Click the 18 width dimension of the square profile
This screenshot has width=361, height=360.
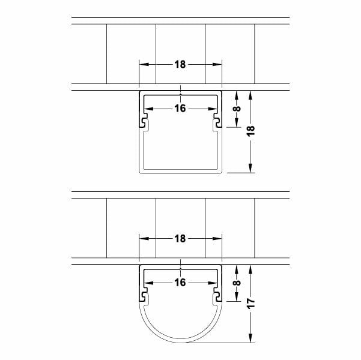pyautogui.click(x=180, y=65)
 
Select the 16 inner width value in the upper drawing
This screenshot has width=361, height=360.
pyautogui.click(x=180, y=109)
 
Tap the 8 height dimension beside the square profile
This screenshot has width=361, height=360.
pyautogui.click(x=237, y=109)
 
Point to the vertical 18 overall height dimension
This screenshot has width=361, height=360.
pyautogui.click(x=252, y=131)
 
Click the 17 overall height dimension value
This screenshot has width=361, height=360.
pyautogui.click(x=252, y=304)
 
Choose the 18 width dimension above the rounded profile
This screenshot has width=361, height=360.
pyautogui.click(x=180, y=238)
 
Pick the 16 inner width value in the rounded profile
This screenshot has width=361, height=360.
pyautogui.click(x=180, y=282)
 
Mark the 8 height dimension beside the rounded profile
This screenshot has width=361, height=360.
pyautogui.click(x=237, y=282)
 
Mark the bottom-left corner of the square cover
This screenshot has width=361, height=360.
pyautogui.click(x=141, y=172)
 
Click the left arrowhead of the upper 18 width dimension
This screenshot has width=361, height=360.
pyautogui.click(x=142, y=65)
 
